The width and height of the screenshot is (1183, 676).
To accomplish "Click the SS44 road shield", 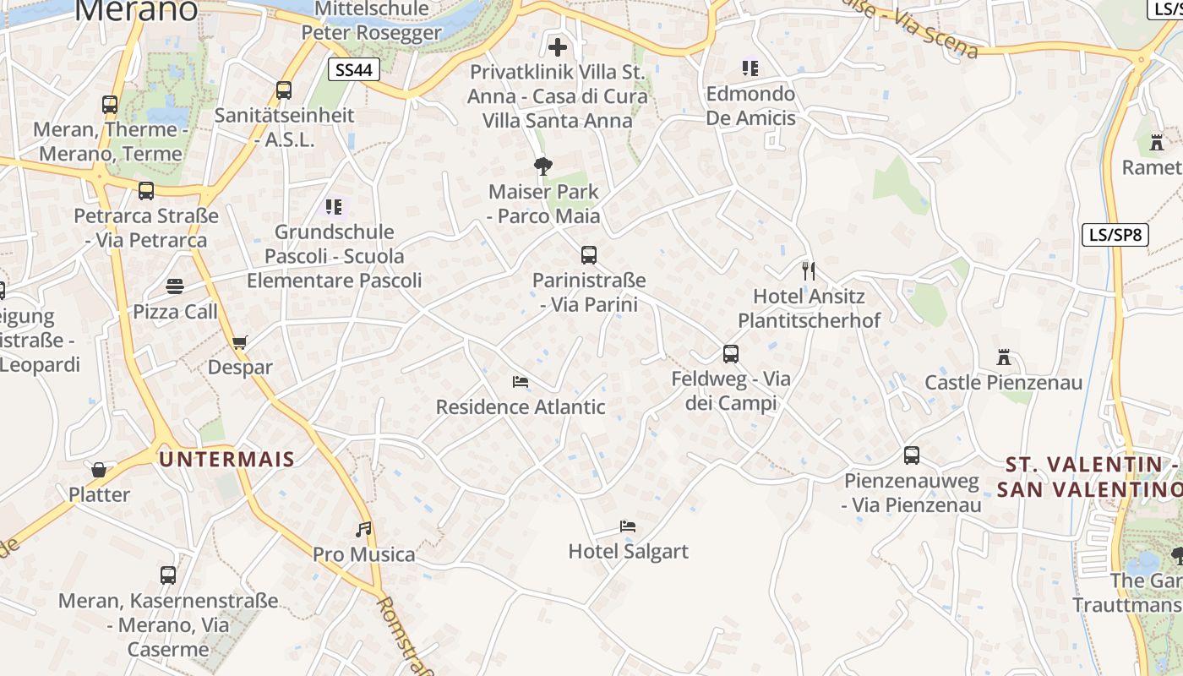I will (x=353, y=69).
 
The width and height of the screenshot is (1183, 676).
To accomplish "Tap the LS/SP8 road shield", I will (x=1115, y=235).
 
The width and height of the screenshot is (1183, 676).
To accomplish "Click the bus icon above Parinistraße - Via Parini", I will (x=589, y=255).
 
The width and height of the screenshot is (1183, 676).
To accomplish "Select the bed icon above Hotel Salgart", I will (x=628, y=526).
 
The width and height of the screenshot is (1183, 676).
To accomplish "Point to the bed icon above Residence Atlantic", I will (x=521, y=382).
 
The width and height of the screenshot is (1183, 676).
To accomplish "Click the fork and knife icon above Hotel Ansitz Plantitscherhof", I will (x=809, y=271).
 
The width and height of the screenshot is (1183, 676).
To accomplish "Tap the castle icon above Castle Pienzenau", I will (x=1004, y=357).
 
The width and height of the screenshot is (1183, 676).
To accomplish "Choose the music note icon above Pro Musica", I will (x=363, y=530).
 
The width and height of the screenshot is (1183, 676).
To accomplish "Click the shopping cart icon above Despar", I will (x=240, y=343).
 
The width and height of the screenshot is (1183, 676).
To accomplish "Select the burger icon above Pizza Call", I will (x=175, y=286).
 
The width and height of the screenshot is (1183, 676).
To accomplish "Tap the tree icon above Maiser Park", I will (x=543, y=166).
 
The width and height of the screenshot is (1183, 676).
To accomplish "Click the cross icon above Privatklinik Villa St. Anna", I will (x=558, y=46).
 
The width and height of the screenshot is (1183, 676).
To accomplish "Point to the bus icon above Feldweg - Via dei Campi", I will (x=731, y=354).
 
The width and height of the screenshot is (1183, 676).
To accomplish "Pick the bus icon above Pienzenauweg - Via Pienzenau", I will (x=912, y=455).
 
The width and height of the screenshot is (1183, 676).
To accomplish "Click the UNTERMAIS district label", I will (x=227, y=460).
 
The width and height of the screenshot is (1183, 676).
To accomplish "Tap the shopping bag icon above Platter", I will (x=99, y=470).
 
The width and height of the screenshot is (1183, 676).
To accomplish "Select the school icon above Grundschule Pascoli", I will (x=334, y=206).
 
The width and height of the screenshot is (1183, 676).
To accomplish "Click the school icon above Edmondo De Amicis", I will (x=750, y=68).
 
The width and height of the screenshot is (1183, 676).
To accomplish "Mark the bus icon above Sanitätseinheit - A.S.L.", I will (x=284, y=90).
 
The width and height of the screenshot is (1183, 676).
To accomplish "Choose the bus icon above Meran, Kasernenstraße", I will (x=168, y=575).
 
